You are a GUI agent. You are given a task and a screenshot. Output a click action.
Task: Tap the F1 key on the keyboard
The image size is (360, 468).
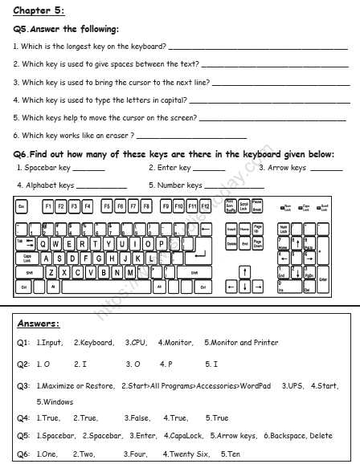coord(48,206)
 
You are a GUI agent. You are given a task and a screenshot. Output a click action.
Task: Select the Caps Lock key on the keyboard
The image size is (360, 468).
coord(27,258)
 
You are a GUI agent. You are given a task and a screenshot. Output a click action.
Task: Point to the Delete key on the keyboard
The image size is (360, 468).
coord(231,243)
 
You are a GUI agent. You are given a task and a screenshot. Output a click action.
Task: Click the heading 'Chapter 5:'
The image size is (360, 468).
coord(39,10)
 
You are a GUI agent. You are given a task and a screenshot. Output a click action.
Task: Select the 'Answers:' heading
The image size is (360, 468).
coord(38,324)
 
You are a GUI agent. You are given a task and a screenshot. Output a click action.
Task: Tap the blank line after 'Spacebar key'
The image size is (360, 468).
coord(88,169)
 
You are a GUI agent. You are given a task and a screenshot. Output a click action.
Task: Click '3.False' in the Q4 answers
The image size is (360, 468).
coord(137,418)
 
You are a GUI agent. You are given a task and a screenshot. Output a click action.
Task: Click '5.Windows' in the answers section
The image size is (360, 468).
coord(53,401)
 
